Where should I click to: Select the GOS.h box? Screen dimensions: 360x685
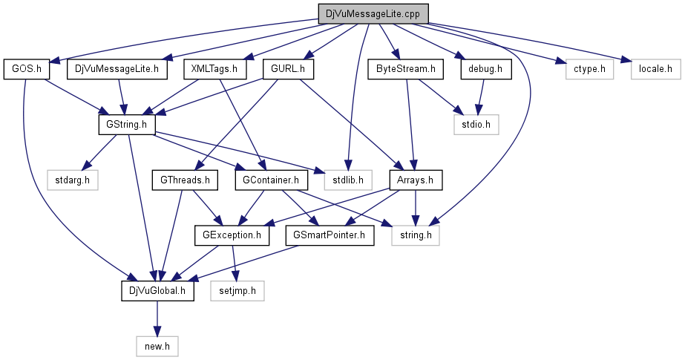26,70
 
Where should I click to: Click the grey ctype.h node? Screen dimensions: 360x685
585,70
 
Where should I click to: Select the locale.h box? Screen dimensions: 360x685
655,70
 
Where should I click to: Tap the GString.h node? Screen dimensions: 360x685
125,124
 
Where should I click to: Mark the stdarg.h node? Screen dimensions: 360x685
71,180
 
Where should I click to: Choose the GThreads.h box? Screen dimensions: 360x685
181,180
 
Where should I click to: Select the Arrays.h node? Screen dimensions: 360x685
416,180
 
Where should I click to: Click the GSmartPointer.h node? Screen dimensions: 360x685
330,235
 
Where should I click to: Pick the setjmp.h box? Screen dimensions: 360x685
237,291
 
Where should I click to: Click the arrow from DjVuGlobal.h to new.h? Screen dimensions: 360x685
157,318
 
